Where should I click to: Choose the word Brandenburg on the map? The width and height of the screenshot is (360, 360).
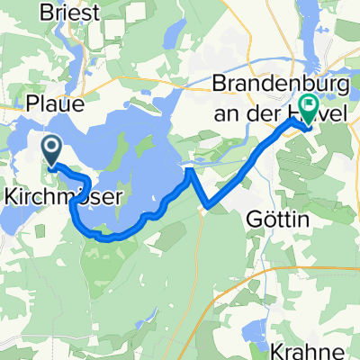[x=276, y=86]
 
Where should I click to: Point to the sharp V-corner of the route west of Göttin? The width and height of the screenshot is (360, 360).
[x=209, y=207]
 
